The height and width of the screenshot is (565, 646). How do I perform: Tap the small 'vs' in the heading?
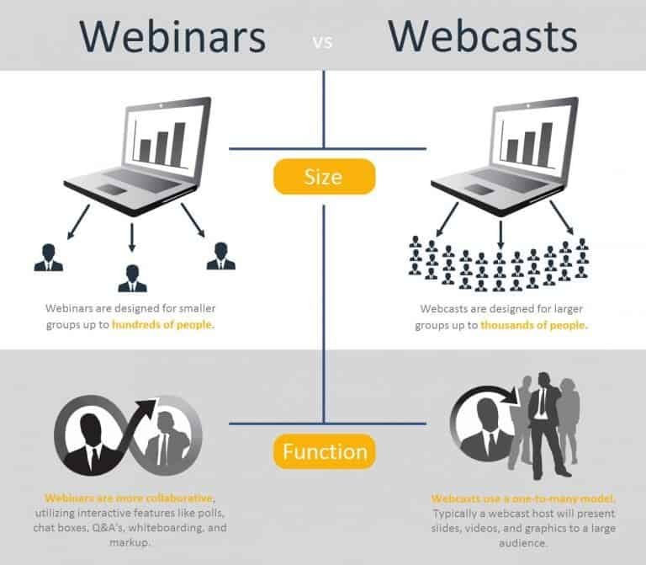[324, 40]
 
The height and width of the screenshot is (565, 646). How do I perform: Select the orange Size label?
[324, 177]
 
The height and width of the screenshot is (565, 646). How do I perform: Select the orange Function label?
[324, 452]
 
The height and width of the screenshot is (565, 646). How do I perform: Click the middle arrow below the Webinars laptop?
[132, 237]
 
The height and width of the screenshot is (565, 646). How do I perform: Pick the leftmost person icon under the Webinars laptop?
[48, 257]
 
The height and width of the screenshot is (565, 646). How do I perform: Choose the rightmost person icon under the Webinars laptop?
[220, 256]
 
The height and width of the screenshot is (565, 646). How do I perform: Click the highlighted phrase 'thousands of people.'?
[534, 324]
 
